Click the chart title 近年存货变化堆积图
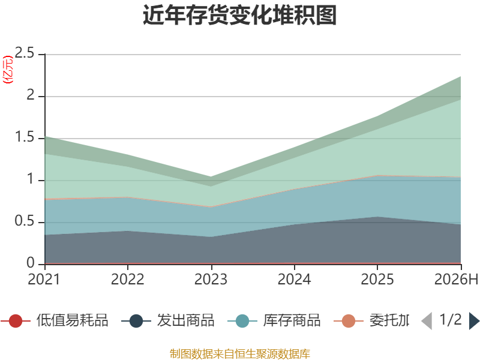click(x=239, y=14)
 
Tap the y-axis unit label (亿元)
click(x=8, y=70)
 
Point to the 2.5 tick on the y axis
click(x=25, y=53)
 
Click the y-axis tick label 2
click(x=31, y=95)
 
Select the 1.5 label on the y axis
click(x=25, y=137)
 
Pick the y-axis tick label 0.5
click(x=25, y=221)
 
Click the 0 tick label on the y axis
click(x=31, y=263)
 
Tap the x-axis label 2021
click(x=44, y=279)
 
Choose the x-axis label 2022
click(x=127, y=279)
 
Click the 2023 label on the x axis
click(x=211, y=279)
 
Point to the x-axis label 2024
click(x=294, y=279)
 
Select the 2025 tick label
click(x=377, y=279)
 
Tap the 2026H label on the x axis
click(x=456, y=279)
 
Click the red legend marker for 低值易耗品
click(x=16, y=321)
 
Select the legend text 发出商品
click(x=186, y=320)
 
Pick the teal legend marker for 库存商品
click(x=242, y=321)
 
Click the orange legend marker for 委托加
click(x=349, y=321)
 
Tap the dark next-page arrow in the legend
click(x=474, y=321)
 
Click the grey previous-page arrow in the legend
click(x=427, y=321)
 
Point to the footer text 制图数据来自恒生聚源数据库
click(x=240, y=354)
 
